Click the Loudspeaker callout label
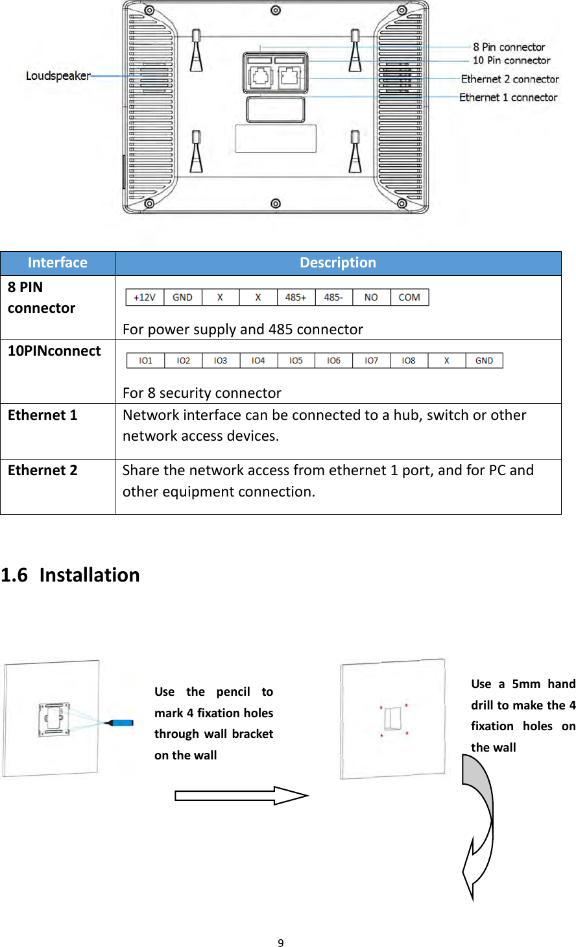(58, 76)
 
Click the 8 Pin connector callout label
(509, 47)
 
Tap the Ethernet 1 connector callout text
(508, 97)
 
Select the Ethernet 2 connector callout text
(510, 79)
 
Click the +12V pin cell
(145, 297)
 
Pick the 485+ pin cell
(296, 297)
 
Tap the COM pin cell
(409, 297)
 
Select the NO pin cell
(371, 297)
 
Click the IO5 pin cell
(296, 360)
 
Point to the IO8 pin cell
(409, 360)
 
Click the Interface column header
(58, 263)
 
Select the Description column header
(337, 263)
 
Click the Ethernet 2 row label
(43, 471)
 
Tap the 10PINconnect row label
(54, 351)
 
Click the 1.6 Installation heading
(70, 575)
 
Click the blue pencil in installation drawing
(120, 722)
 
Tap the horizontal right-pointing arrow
(240, 795)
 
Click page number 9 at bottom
(281, 943)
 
